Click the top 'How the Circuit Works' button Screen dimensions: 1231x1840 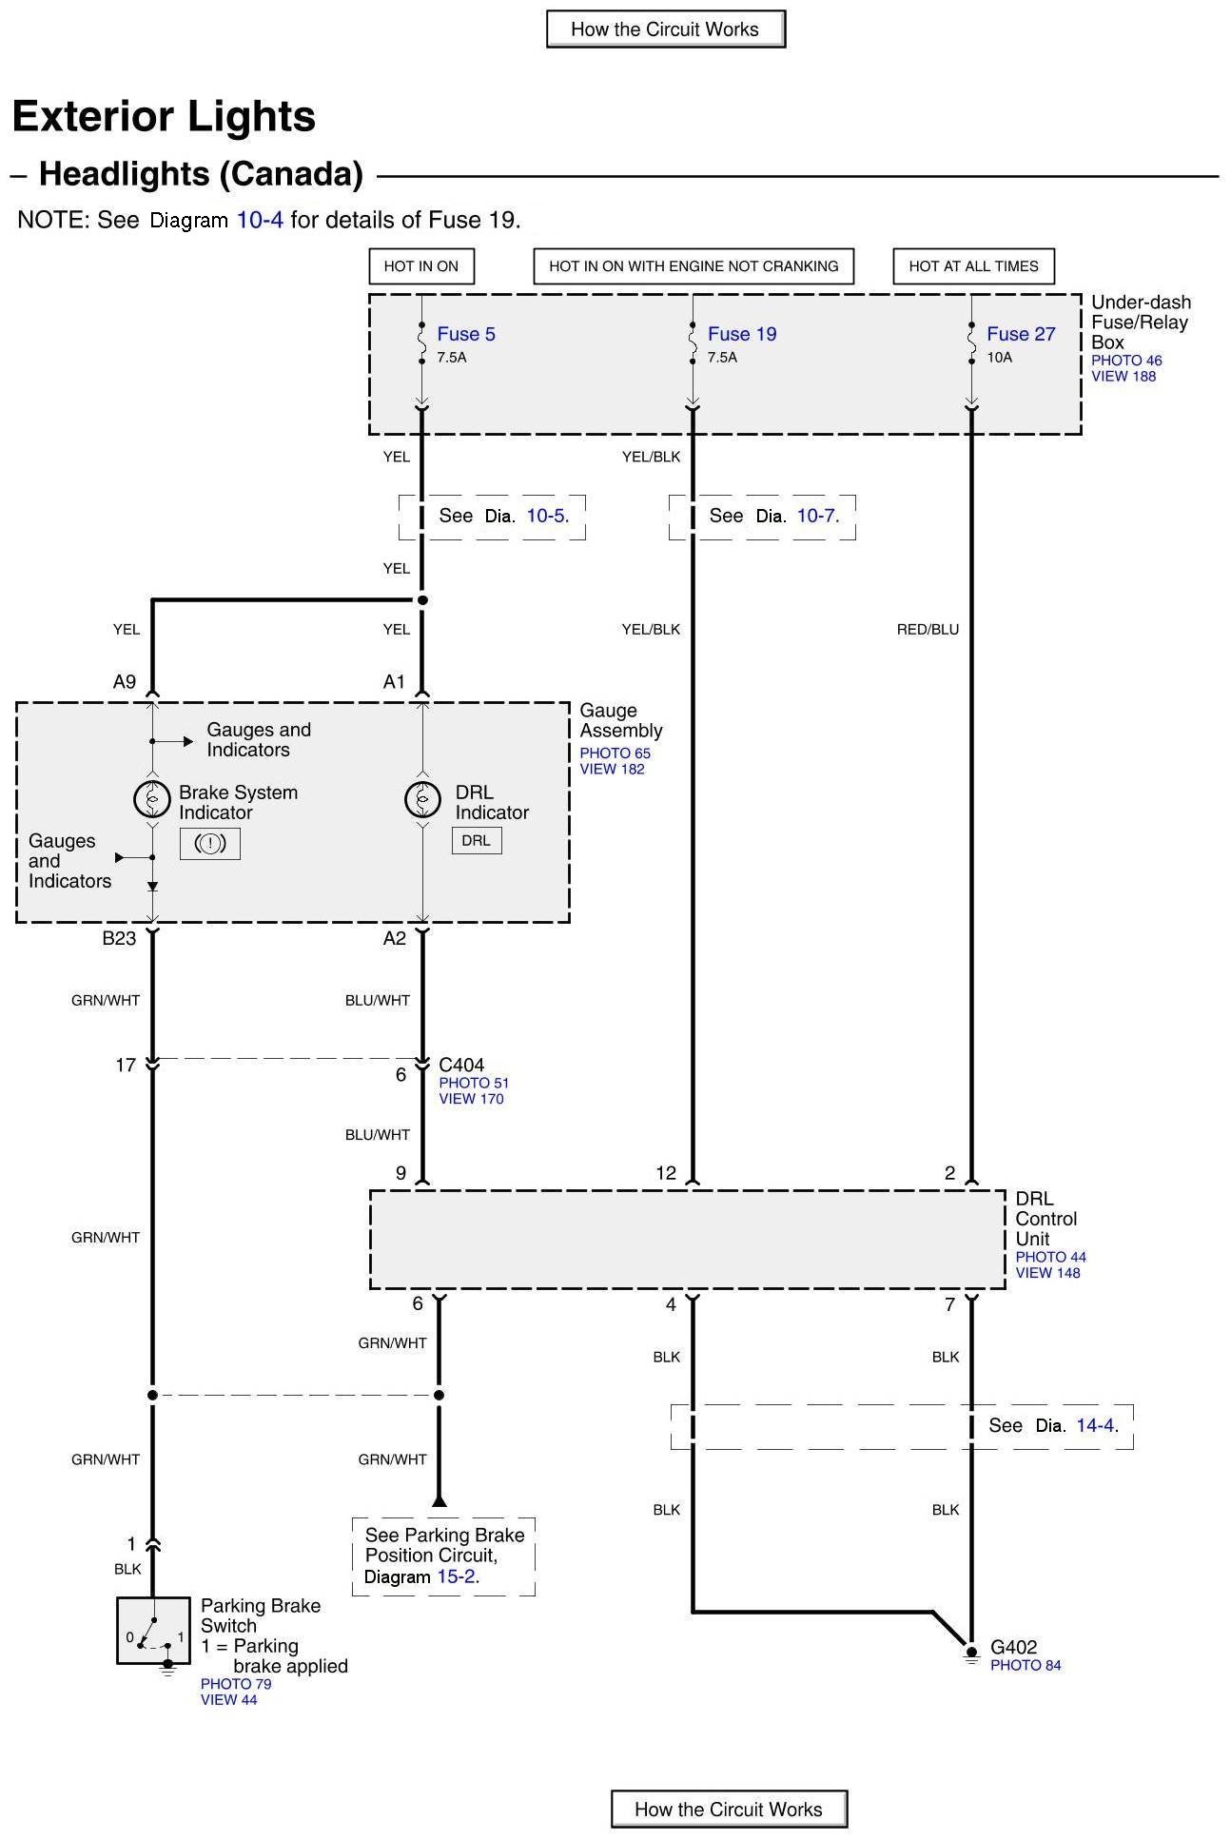click(x=665, y=29)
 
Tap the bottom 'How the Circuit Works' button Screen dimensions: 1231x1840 click(x=728, y=1810)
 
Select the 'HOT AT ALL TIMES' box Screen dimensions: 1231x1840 click(x=973, y=266)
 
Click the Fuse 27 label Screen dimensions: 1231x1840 click(x=1021, y=334)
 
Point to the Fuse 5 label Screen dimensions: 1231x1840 click(x=466, y=334)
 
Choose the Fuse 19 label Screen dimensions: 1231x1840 click(x=742, y=334)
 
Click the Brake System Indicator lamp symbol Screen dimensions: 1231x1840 click(x=152, y=799)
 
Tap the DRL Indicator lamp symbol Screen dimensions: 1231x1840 click(x=422, y=799)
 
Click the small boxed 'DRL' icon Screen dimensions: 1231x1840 click(x=476, y=841)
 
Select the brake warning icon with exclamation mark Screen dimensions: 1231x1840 click(x=210, y=843)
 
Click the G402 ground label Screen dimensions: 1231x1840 click(x=1013, y=1647)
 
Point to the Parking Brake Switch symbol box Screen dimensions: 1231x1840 click(x=153, y=1631)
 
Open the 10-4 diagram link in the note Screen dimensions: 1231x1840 click(x=260, y=220)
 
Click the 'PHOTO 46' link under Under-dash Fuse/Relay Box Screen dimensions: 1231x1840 click(x=1126, y=361)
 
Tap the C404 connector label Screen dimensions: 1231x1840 click(x=461, y=1066)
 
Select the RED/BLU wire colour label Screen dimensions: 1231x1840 click(x=928, y=629)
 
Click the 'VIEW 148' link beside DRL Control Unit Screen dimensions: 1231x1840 click(x=1047, y=1273)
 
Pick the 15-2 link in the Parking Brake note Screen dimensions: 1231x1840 click(x=456, y=1576)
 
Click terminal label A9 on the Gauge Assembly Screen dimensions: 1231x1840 click(x=125, y=681)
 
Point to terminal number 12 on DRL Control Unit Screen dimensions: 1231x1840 click(x=666, y=1173)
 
